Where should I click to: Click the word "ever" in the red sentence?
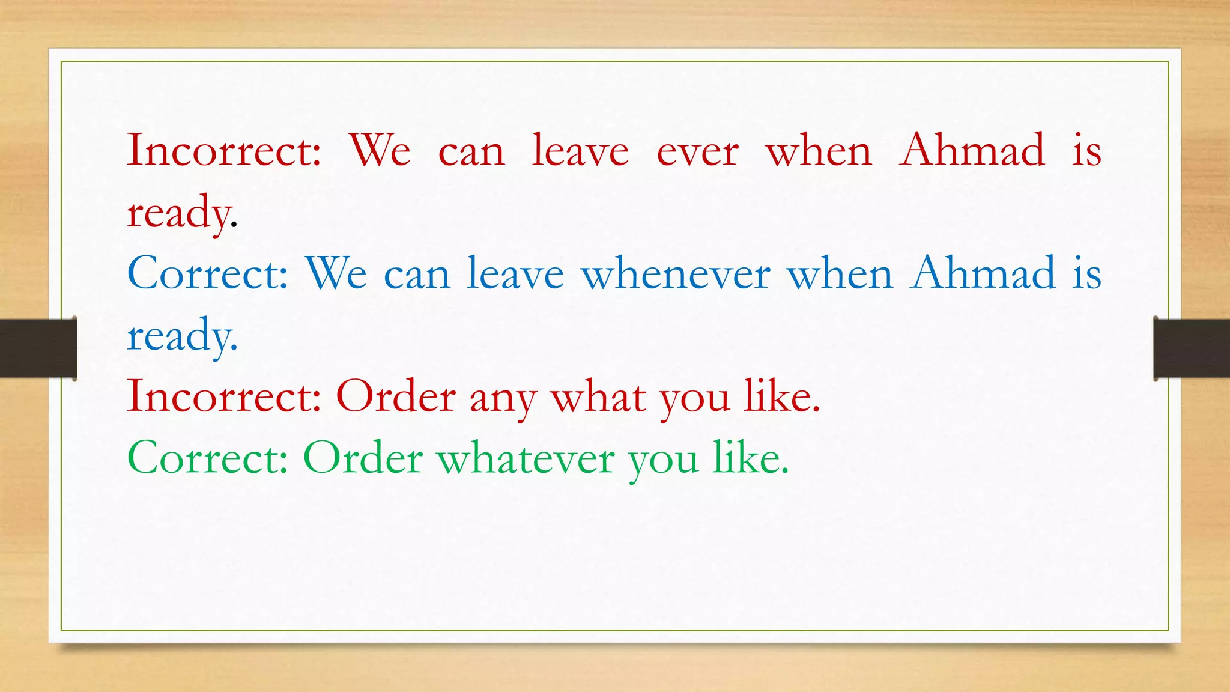pyautogui.click(x=697, y=151)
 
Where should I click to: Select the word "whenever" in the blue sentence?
pyautogui.click(x=676, y=274)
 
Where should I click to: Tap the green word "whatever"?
pyautogui.click(x=526, y=459)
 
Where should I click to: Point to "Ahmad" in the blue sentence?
pyautogui.click(x=983, y=274)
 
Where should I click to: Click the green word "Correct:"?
pyautogui.click(x=208, y=459)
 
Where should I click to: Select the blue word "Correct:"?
pyautogui.click(x=208, y=274)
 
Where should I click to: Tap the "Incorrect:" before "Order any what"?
pyautogui.click(x=224, y=397)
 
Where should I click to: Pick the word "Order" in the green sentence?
pyautogui.click(x=363, y=459)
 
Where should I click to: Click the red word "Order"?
pyautogui.click(x=396, y=397)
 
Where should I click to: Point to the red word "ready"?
pyautogui.click(x=178, y=214)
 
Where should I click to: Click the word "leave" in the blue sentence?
pyautogui.click(x=515, y=274)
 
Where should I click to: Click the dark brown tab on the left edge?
pyautogui.click(x=38, y=348)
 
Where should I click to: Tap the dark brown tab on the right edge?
pyautogui.click(x=1192, y=348)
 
